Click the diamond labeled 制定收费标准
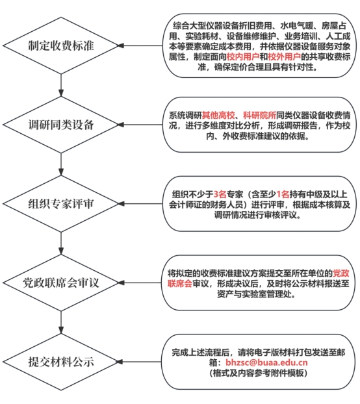[x=61, y=45]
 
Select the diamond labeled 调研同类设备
[x=61, y=125]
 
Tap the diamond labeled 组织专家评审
[x=61, y=204]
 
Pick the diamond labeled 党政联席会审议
[x=61, y=283]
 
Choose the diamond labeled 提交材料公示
[x=61, y=362]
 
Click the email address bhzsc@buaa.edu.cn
[x=266, y=362]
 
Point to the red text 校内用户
[x=243, y=57]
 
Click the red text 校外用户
[x=284, y=57]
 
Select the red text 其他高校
[x=218, y=115]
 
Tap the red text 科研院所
[x=259, y=115]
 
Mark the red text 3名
[x=220, y=194]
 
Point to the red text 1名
[x=283, y=194]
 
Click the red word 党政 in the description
[x=341, y=273]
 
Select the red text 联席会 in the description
[x=180, y=283]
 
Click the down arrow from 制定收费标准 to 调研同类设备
[x=61, y=85]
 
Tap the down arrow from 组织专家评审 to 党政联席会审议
[x=61, y=244]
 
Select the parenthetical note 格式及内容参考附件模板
[x=259, y=373]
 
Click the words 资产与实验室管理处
[x=256, y=294]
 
